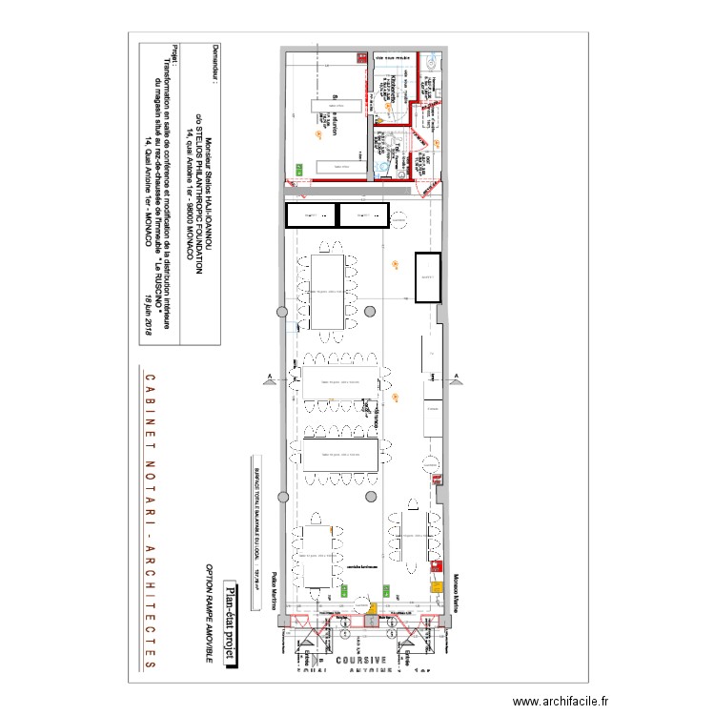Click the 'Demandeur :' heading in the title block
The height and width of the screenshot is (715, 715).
(x=215, y=66)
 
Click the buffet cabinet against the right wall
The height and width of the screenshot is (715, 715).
(x=429, y=276)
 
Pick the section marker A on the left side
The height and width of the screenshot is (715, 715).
(x=270, y=378)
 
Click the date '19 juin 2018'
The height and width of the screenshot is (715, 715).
(x=148, y=330)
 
